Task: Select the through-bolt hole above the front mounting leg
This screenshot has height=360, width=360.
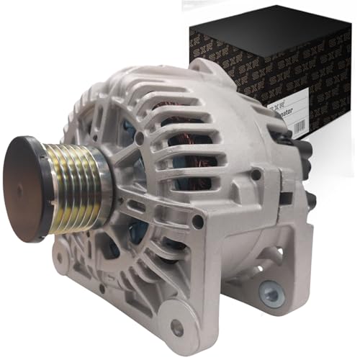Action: [197, 222]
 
